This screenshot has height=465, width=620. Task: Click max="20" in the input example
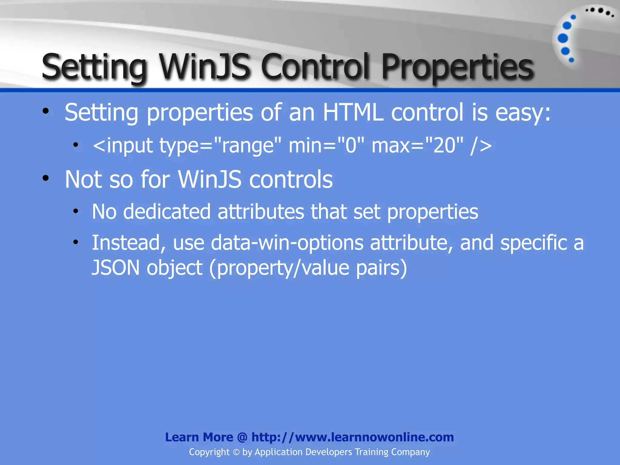417,146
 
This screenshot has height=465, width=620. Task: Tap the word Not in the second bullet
83,179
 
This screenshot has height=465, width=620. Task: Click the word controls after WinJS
291,179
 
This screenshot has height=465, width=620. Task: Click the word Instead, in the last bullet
129,243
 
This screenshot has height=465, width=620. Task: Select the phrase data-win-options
287,243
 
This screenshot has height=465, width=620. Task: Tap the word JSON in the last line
116,268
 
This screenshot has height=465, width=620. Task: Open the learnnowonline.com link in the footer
353,437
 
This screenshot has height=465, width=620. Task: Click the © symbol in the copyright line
236,452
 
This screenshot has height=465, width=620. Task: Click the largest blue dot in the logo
563,38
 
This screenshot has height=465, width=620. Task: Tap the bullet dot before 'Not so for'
46,178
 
